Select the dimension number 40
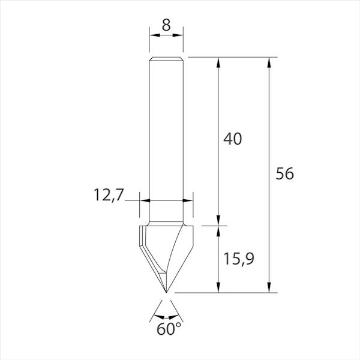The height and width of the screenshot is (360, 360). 232,139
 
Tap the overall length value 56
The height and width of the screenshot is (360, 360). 285,174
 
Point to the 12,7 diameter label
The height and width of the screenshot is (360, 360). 108,194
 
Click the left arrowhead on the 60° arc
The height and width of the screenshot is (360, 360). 157,314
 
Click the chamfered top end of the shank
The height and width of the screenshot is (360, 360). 166,59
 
